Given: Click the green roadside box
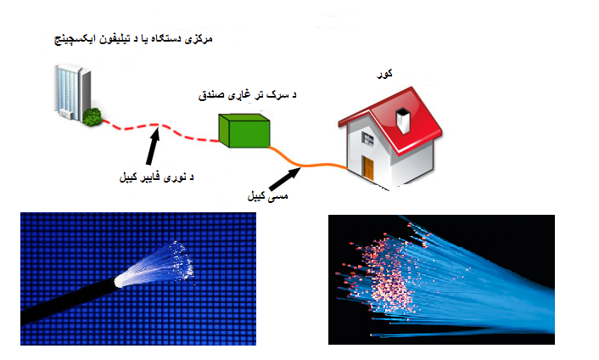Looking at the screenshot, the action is tap(244, 131).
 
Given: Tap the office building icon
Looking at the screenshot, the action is tap(73, 93).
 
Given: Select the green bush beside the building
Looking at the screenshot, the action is tap(92, 117).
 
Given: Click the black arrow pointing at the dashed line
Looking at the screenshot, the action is tap(153, 146).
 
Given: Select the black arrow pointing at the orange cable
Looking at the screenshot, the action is tap(284, 179).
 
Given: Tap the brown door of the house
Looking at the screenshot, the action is tap(368, 167).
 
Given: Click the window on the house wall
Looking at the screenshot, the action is tap(367, 138).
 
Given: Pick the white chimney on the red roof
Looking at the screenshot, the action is tap(403, 120).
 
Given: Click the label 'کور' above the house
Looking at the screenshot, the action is tap(384, 74).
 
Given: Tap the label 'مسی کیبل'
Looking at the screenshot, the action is tap(267, 196).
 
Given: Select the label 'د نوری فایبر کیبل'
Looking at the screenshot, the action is tap(157, 177).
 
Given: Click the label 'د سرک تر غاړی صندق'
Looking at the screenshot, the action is tap(247, 95).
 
